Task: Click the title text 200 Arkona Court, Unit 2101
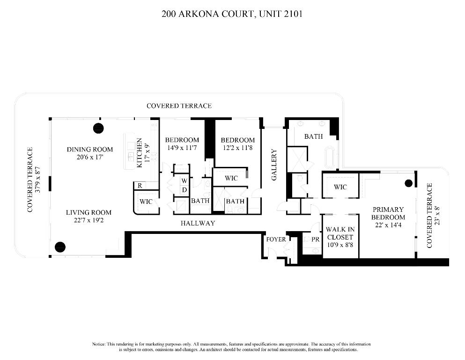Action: [x=232, y=14]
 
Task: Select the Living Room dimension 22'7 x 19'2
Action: [x=89, y=220]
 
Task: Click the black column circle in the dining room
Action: [x=98, y=127]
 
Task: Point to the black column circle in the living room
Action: [x=60, y=247]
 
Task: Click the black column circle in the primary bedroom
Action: [x=408, y=183]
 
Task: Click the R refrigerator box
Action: [x=139, y=186]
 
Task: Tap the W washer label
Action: [x=185, y=181]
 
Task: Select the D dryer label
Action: [x=185, y=190]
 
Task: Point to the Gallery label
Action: [x=274, y=165]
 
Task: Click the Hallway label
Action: [x=198, y=224]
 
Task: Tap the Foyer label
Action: [x=276, y=240]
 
